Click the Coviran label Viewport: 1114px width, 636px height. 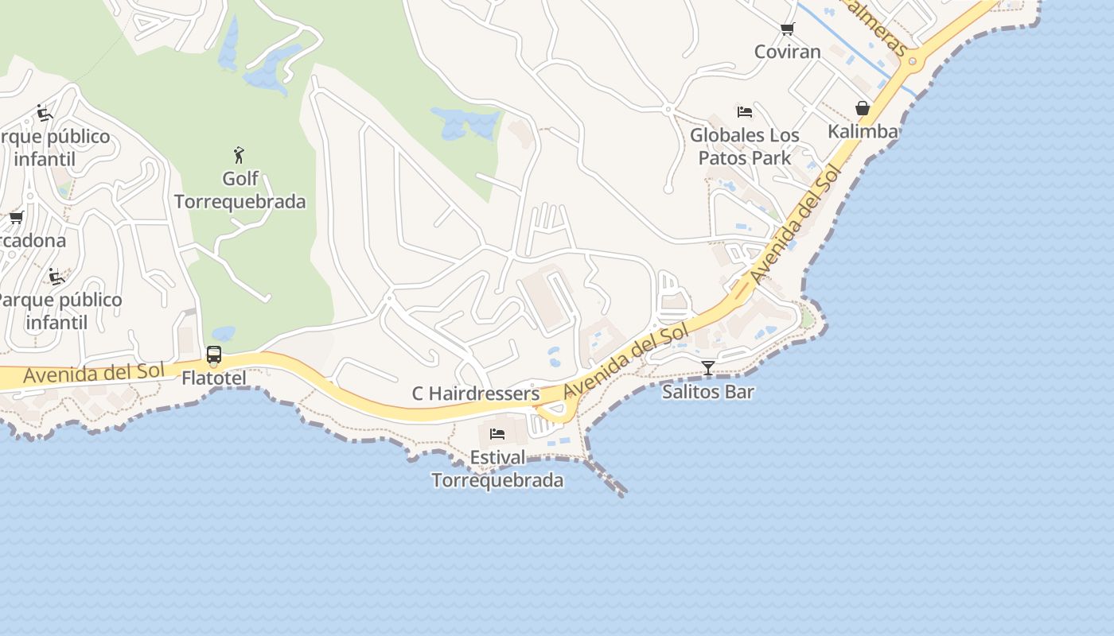coord(787,52)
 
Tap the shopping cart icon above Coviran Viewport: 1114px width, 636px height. coord(787,29)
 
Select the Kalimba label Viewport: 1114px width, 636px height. coord(863,131)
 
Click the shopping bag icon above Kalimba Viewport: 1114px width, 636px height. coord(863,108)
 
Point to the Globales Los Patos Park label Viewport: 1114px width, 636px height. coord(744,146)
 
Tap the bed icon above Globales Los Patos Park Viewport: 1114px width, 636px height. coord(744,111)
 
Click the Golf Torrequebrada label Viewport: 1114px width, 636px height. coord(240,190)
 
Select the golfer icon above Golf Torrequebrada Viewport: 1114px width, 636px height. coord(239,154)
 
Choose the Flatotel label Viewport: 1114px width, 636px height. coord(213,378)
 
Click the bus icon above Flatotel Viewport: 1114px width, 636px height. coord(213,355)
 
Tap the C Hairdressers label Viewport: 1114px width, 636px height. coord(475,394)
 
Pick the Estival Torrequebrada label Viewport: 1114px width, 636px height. coord(497,469)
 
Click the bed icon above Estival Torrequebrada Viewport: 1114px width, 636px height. coord(497,434)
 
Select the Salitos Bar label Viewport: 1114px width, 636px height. coord(707,391)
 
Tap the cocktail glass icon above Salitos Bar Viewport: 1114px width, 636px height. coord(707,367)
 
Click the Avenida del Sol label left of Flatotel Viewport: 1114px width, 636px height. coord(94,373)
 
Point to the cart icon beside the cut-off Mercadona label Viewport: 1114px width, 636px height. coord(16,218)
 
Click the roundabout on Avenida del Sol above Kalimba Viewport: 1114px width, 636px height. coord(913,61)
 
